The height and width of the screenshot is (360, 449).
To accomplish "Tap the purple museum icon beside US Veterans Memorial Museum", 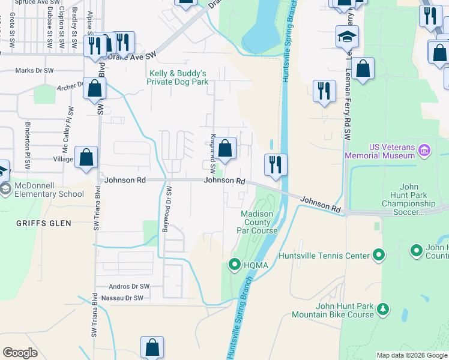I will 424,149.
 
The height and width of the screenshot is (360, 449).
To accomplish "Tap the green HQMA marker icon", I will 235,263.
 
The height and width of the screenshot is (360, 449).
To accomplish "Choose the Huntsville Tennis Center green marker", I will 378,256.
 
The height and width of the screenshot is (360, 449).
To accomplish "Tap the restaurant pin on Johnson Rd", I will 276,164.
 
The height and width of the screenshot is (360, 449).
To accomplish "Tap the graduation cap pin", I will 347,37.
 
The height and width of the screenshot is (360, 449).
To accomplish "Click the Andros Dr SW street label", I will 128,287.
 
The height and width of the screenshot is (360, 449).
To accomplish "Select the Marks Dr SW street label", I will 34,70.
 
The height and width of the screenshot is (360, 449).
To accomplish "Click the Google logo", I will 20,353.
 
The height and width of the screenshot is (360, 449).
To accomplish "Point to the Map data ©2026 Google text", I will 411,355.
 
